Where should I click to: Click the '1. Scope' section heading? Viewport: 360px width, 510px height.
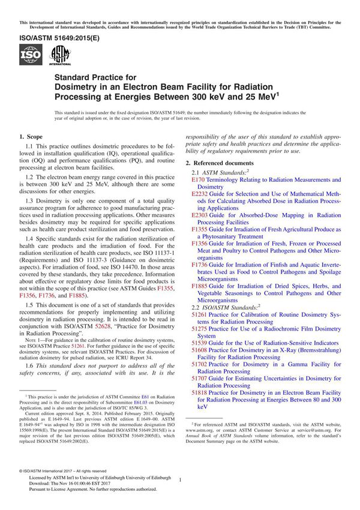pyautogui.click(x=34, y=137)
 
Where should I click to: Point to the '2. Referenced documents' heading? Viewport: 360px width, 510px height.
pyautogui.click(x=227, y=163)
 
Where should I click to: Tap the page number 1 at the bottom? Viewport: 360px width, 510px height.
pyautogui.click(x=180, y=480)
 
